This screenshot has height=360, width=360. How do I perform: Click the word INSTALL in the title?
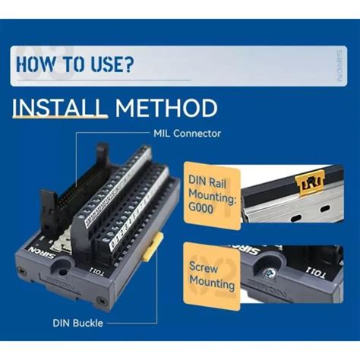coord(59,107)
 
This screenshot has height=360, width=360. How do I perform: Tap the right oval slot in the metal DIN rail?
coord(328,207)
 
